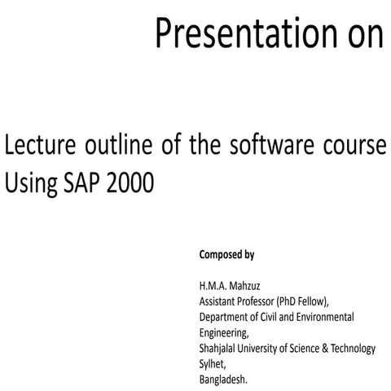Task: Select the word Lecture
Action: click(x=45, y=148)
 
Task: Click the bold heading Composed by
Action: click(x=226, y=255)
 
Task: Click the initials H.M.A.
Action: click(x=214, y=287)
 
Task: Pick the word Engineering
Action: click(x=225, y=332)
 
